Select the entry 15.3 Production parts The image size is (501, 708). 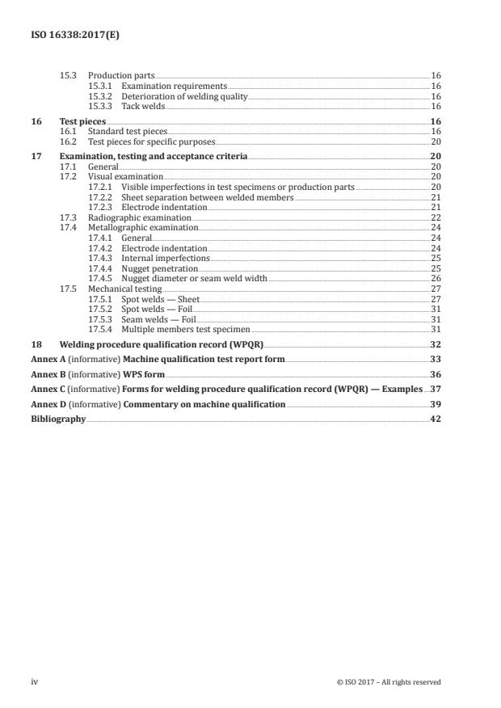click(x=107, y=74)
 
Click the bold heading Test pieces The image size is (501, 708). click(x=82, y=120)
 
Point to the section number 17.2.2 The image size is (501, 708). click(x=100, y=196)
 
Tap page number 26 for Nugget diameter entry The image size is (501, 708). click(x=436, y=278)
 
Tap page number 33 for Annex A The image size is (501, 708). click(x=436, y=359)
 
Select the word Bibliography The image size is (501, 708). click(x=58, y=419)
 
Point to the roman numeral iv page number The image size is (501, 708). click(x=34, y=682)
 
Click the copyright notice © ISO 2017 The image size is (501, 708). click(x=388, y=682)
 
